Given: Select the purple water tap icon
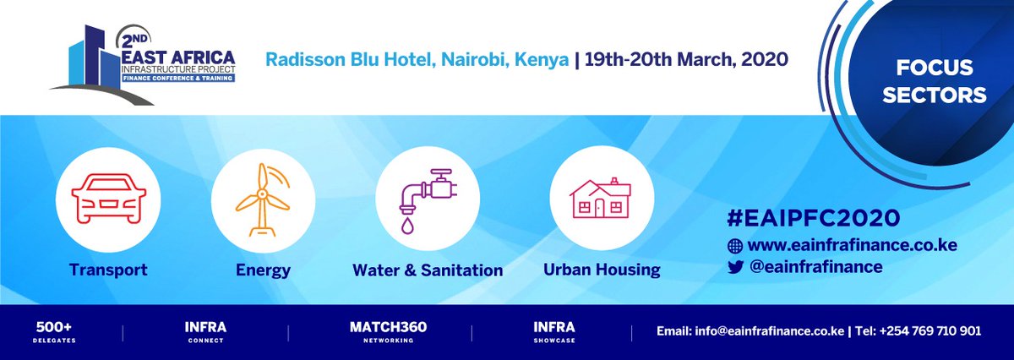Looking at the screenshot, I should pyautogui.click(x=427, y=199).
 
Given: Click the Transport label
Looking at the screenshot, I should pyautogui.click(x=108, y=270).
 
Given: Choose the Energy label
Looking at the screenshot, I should pyautogui.click(x=263, y=270).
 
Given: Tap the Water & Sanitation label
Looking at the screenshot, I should pyautogui.click(x=428, y=270).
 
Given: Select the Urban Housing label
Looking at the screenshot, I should pyautogui.click(x=602, y=270).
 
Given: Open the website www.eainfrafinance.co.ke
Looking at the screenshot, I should pyautogui.click(x=852, y=246).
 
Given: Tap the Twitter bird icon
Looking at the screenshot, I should pyautogui.click(x=734, y=266).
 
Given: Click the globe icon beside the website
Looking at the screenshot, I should pyautogui.click(x=734, y=246).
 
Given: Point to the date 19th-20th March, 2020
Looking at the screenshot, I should pyautogui.click(x=687, y=60).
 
